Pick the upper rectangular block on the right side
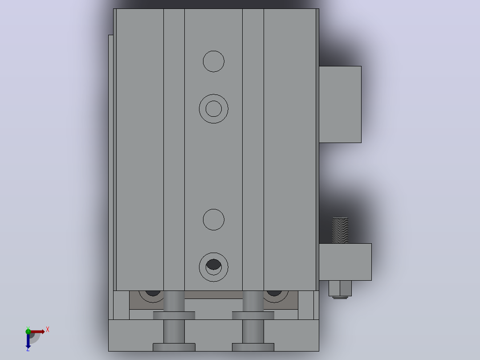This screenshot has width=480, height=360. click(x=340, y=104)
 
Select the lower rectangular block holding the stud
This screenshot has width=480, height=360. click(x=346, y=262)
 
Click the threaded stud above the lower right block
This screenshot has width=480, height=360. click(x=340, y=230)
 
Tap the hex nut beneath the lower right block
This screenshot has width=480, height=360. click(x=340, y=288)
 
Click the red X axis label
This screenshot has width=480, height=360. click(x=48, y=330)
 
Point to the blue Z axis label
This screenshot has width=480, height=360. click(x=28, y=349)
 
